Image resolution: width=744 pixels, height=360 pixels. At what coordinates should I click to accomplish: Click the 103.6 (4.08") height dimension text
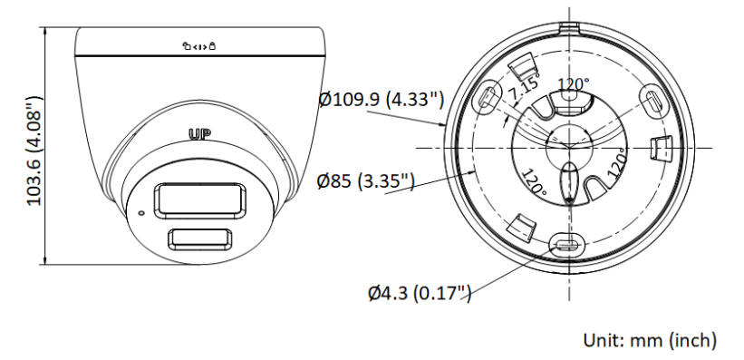(34, 151)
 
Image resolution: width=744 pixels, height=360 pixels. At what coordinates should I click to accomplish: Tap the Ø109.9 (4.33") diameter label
(382, 100)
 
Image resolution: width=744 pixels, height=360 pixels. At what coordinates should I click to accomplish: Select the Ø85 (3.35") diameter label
(366, 181)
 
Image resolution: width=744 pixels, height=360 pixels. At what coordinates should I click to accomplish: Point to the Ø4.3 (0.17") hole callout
(420, 293)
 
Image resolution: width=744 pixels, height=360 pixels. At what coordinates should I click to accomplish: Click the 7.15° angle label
(525, 86)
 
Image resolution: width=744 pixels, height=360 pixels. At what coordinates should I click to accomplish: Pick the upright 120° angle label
(574, 84)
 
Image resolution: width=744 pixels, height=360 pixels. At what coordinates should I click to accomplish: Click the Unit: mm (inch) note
(650, 340)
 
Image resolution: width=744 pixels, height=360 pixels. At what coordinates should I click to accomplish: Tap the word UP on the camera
(199, 134)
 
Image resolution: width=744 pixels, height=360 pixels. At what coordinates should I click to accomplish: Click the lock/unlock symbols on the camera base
(199, 46)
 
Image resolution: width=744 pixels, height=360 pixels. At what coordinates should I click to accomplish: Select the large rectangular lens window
(199, 201)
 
